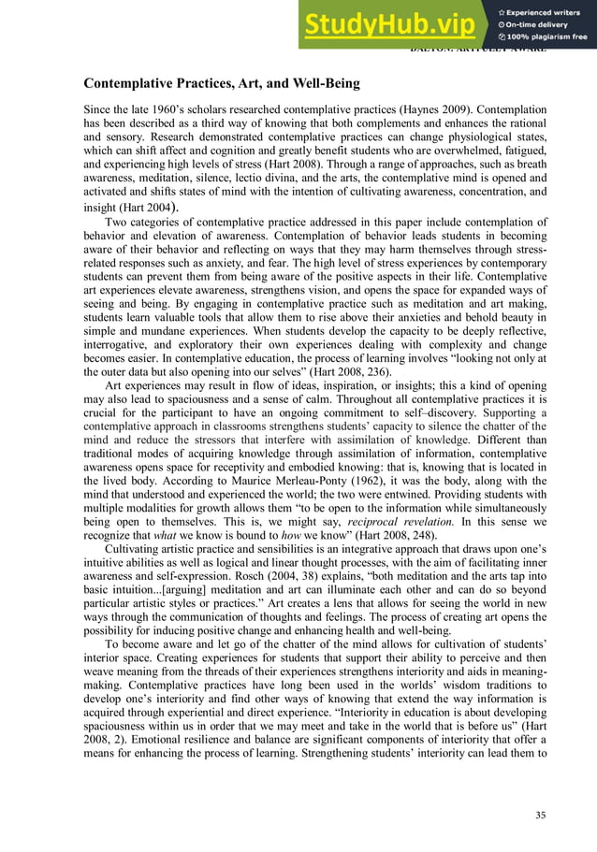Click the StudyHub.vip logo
click(391, 24)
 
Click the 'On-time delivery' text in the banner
click(541, 25)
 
